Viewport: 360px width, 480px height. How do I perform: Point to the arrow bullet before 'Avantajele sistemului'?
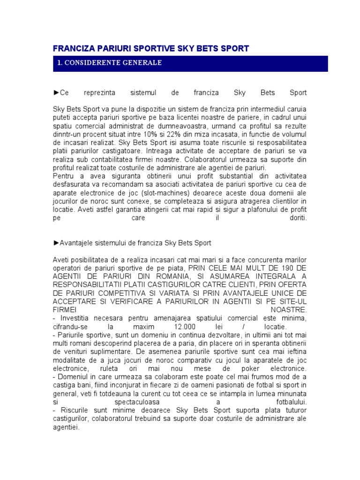(56, 243)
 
